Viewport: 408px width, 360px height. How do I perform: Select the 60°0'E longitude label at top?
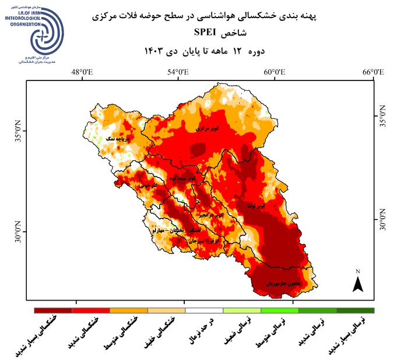click(x=275, y=72)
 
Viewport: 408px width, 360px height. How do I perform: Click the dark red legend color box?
click(x=53, y=310)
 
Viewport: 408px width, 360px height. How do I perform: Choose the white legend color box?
click(x=204, y=310)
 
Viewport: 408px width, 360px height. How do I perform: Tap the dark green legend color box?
click(x=355, y=310)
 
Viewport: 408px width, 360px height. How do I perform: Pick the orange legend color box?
click(x=129, y=310)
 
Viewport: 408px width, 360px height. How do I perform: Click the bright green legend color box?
click(x=279, y=310)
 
